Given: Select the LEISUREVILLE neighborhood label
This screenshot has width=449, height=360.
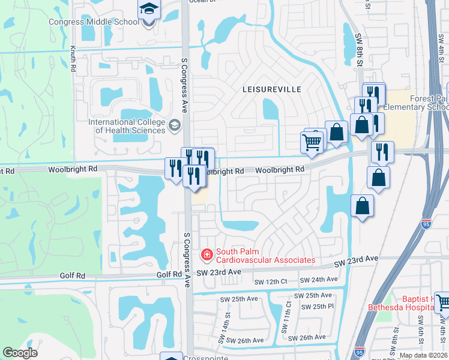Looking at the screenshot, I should [271, 89].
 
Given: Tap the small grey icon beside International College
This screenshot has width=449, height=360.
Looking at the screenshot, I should [175, 125].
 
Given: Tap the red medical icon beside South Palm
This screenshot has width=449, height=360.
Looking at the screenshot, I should [207, 256].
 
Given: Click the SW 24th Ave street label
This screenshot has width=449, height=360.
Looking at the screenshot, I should [318, 280].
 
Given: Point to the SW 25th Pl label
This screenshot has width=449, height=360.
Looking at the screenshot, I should [318, 307].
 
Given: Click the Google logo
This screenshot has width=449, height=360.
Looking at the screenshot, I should [20, 353].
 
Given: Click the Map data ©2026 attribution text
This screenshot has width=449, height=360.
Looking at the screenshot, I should [423, 355].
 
